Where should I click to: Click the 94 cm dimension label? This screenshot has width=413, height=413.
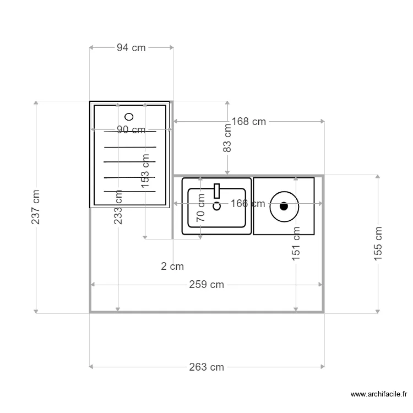[131, 48]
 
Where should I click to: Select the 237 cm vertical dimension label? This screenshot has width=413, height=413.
[36, 207]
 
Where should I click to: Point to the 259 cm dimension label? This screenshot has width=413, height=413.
[206, 285]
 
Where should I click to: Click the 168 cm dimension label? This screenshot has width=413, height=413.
[248, 122]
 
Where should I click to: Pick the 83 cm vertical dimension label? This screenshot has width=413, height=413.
[227, 138]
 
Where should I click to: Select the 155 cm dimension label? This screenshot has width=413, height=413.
[378, 243]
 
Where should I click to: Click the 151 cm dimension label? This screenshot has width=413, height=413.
[296, 243]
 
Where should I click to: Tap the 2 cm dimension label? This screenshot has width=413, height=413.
[172, 267]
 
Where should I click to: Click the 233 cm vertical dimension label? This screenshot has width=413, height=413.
[118, 207]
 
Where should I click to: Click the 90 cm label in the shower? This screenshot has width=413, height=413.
[131, 130]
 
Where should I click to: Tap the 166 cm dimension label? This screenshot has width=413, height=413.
[247, 204]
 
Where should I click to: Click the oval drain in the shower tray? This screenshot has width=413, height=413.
[129, 116]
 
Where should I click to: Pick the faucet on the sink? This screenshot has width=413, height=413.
[216, 191]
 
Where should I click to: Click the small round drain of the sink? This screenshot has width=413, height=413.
[216, 206]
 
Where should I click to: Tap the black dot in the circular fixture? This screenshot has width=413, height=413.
[284, 206]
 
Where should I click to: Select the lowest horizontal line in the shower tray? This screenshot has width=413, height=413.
[129, 191]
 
